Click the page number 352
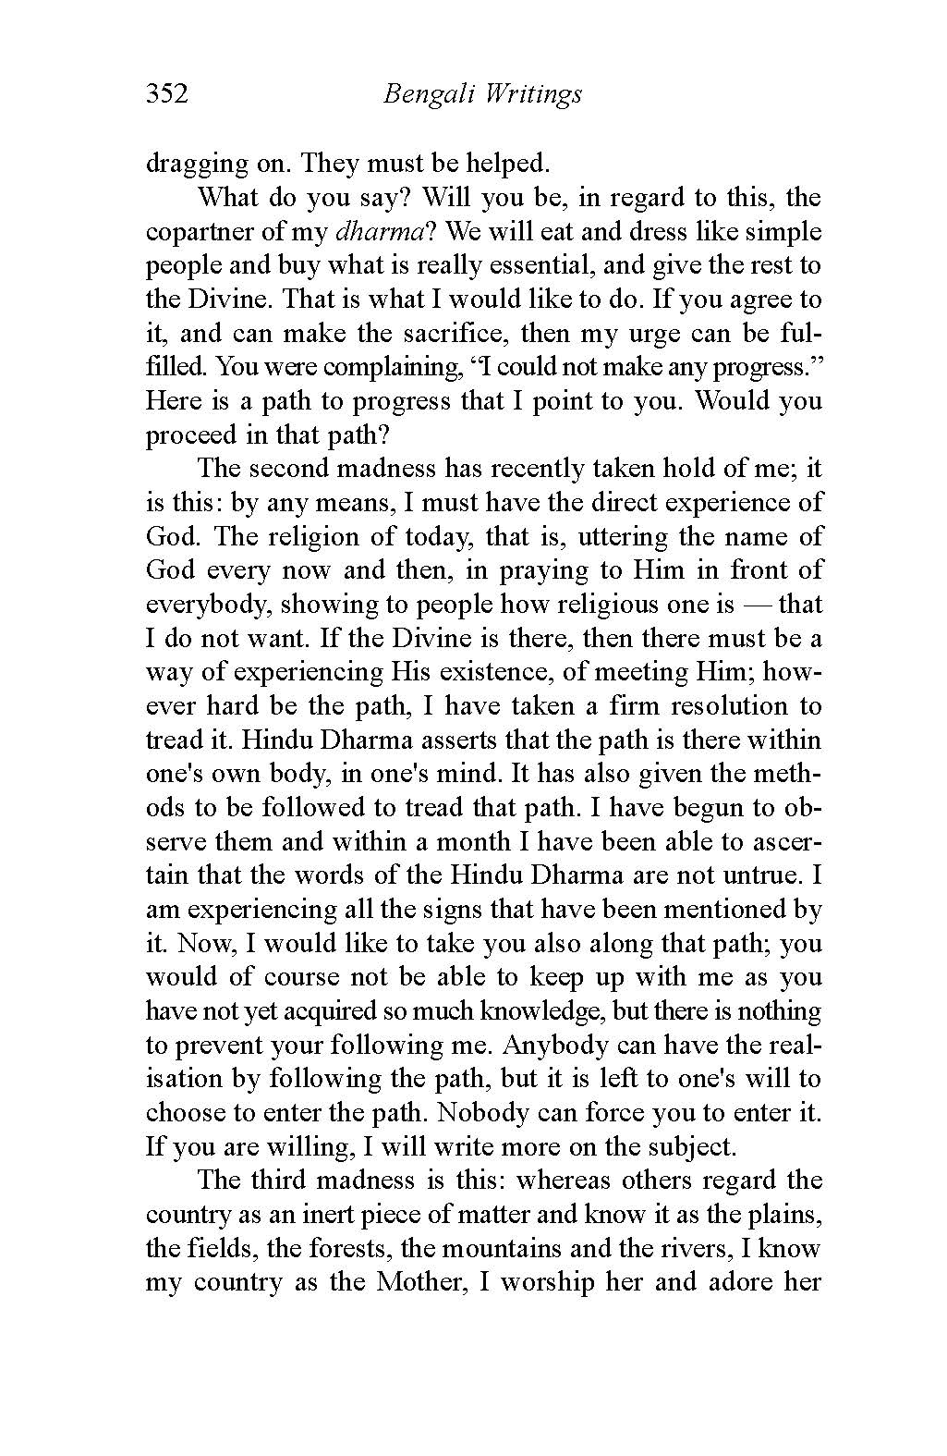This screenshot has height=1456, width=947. [166, 94]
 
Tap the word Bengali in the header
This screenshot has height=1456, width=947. [419, 95]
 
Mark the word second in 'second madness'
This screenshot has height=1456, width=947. [282, 469]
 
